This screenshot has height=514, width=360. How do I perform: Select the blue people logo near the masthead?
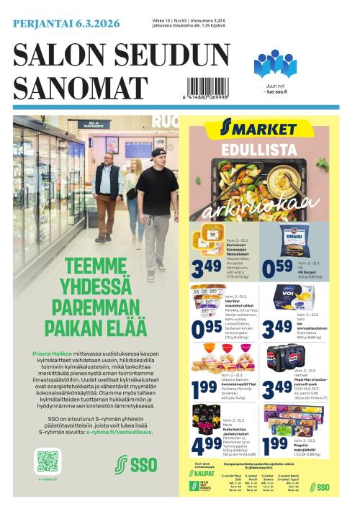click(275, 64)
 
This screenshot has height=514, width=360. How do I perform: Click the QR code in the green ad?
click(48, 461)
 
